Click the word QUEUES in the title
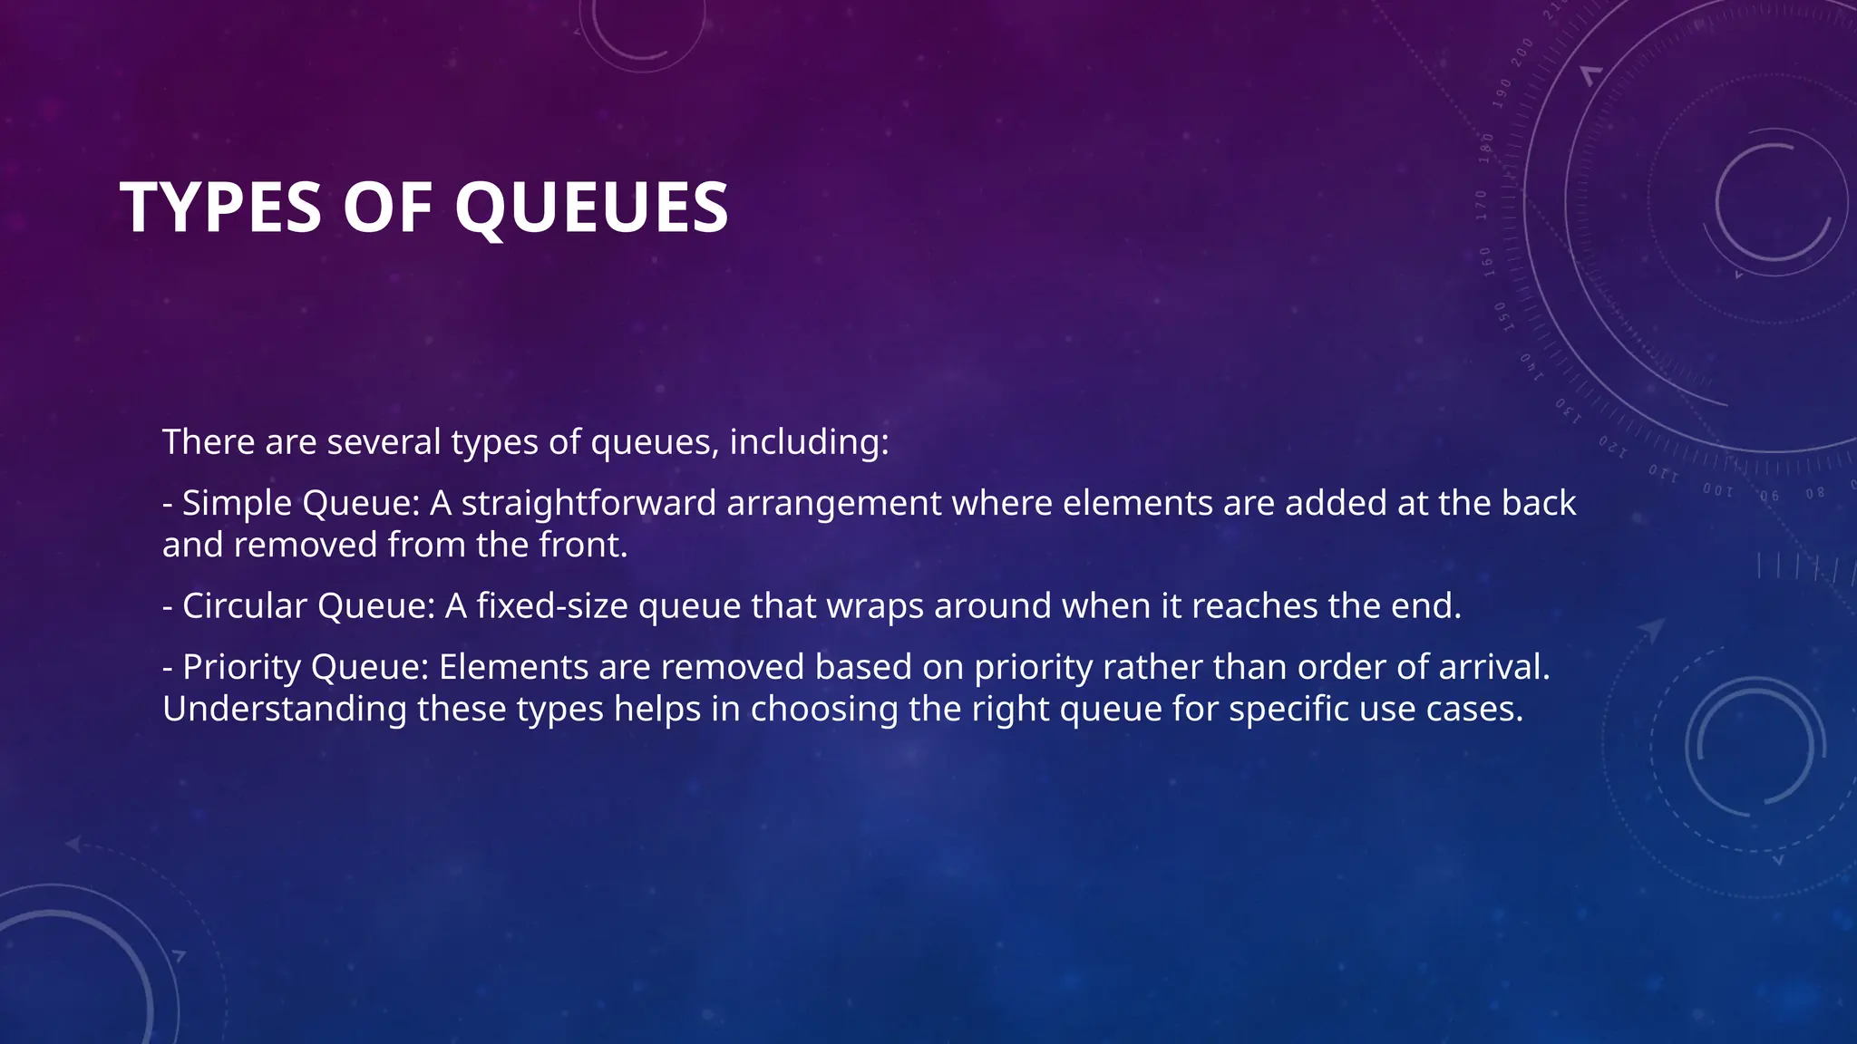coord(591,208)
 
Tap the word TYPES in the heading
coord(220,208)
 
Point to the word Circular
coord(245,606)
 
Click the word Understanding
coord(285,709)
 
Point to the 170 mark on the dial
coord(1481,206)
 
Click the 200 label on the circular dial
coord(1522,53)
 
